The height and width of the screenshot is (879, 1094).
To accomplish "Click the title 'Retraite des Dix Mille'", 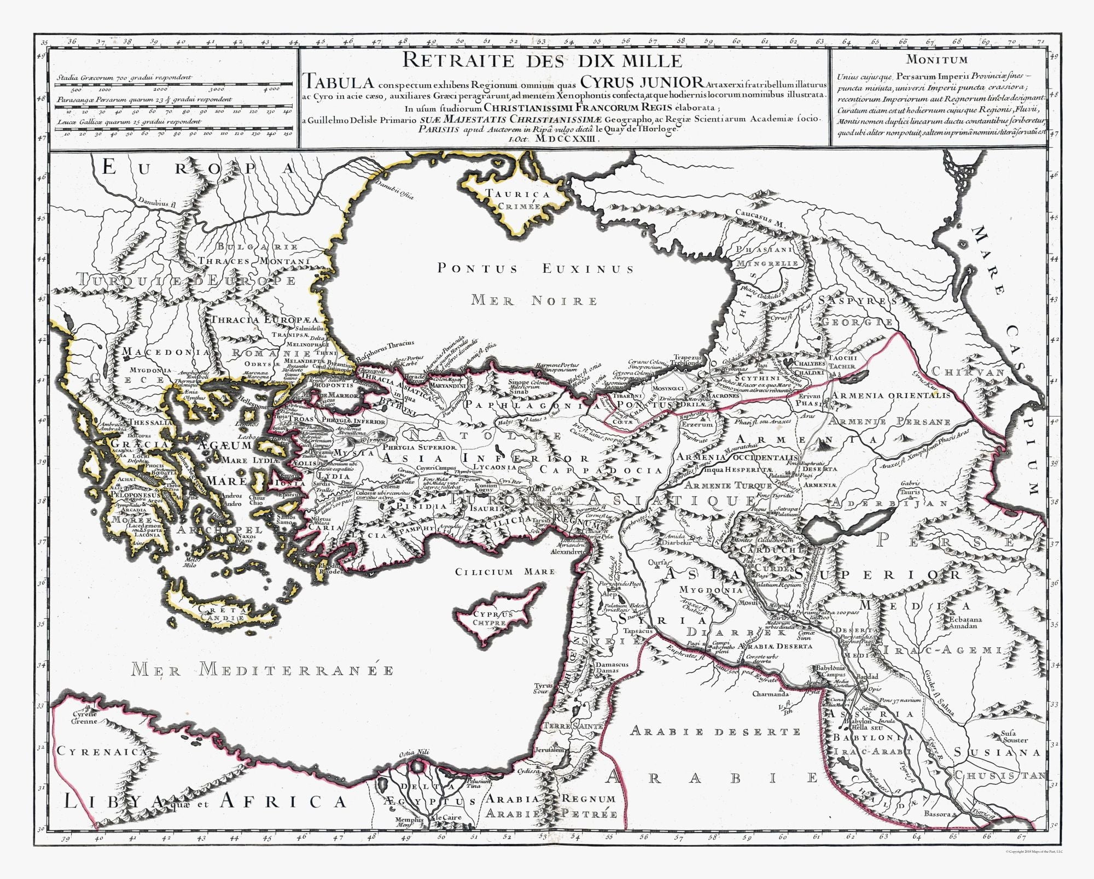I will [542, 60].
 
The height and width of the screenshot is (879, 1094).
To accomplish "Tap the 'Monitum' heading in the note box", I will [936, 60].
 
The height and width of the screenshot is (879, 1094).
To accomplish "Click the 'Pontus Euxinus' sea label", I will [535, 268].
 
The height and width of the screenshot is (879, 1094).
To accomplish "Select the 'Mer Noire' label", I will [535, 300].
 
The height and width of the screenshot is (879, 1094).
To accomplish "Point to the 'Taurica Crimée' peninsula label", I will [518, 200].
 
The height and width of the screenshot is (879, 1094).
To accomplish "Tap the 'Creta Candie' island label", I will [221, 613].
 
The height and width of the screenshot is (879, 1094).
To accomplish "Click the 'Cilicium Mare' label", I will [504, 572].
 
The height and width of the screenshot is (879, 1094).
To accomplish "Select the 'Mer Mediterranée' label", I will [261, 670].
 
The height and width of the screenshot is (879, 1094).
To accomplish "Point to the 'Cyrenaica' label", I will [102, 752].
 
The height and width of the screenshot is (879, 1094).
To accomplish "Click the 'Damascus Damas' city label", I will [612, 667].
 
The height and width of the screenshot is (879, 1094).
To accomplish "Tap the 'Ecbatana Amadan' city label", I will [965, 623].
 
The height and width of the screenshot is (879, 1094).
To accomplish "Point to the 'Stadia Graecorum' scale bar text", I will [124, 78].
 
